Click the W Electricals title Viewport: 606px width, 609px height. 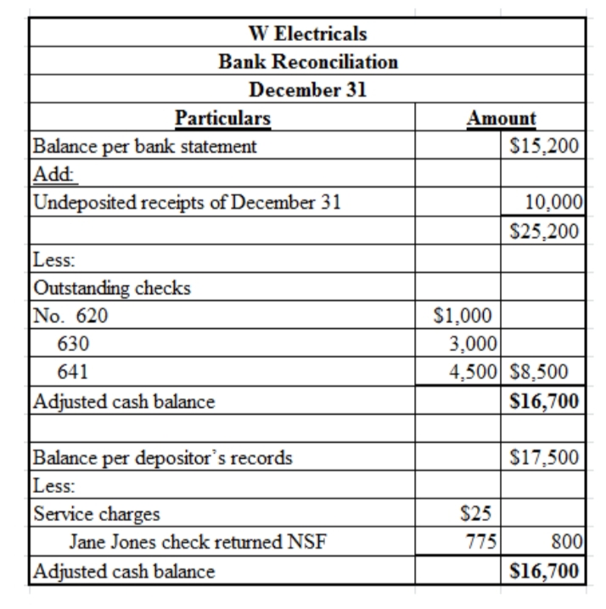pyautogui.click(x=308, y=34)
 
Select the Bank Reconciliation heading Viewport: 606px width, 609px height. pyautogui.click(x=308, y=62)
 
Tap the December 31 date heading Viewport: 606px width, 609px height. pyautogui.click(x=308, y=90)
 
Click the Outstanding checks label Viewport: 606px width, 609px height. pyautogui.click(x=111, y=288)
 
